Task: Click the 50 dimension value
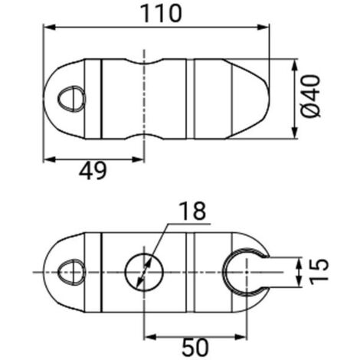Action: coord(195,345)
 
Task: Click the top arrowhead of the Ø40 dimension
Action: coord(296,61)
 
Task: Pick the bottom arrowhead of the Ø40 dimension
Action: coord(296,136)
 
